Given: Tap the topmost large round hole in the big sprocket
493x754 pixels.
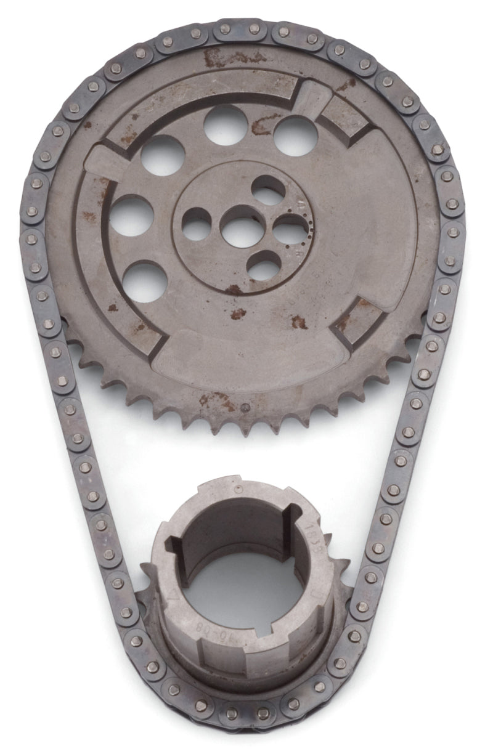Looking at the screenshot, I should (225, 125).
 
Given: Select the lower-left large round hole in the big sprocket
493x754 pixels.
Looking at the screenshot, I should (144, 282).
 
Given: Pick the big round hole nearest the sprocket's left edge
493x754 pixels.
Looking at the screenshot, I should (132, 215).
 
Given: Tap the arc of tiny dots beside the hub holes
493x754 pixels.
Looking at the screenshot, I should (309, 227).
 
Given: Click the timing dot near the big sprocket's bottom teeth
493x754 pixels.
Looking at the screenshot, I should (245, 407).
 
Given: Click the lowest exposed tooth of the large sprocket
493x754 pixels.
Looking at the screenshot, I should (250, 431).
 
